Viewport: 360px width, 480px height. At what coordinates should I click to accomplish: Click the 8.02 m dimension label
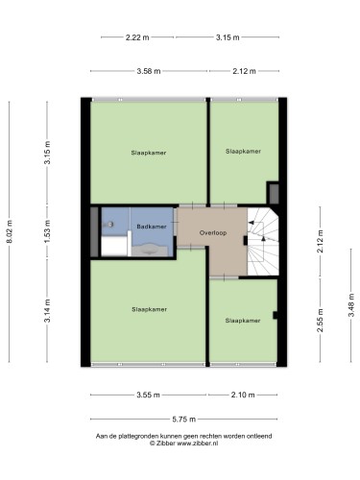click(x=10, y=231)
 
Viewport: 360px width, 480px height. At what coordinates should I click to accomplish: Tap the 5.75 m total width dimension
click(x=184, y=419)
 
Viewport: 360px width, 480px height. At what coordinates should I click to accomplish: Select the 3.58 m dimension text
click(x=149, y=71)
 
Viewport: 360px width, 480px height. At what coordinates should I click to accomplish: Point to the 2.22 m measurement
click(x=137, y=37)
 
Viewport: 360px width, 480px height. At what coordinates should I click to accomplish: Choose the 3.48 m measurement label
click(x=351, y=305)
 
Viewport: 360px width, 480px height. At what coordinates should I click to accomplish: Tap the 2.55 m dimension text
click(x=320, y=321)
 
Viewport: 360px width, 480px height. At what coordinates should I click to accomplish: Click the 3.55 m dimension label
click(x=148, y=395)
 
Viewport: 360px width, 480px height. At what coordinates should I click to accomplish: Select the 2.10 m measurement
click(x=243, y=395)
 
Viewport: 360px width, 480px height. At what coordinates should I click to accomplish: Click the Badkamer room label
click(x=152, y=227)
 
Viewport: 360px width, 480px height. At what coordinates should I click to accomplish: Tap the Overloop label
click(x=213, y=233)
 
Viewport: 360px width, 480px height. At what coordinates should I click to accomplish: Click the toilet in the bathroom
click(x=108, y=225)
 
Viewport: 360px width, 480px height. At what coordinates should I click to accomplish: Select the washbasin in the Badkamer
click(x=150, y=250)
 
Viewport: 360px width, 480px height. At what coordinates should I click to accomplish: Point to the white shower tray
click(x=115, y=246)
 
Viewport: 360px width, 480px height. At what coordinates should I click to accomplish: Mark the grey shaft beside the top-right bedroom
click(x=274, y=194)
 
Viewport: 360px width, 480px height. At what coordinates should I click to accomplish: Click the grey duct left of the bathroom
click(x=94, y=231)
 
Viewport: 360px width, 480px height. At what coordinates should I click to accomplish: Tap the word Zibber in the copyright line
click(x=166, y=444)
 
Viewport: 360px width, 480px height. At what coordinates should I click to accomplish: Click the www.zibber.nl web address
click(x=198, y=444)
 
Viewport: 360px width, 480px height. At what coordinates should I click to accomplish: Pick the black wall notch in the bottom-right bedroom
click(x=275, y=315)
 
